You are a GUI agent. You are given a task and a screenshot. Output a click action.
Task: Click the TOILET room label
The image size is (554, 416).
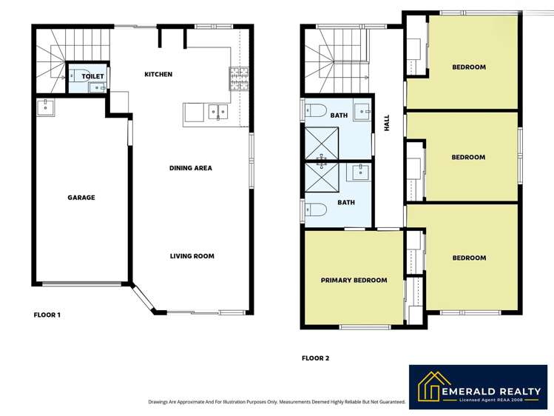coord(92,76)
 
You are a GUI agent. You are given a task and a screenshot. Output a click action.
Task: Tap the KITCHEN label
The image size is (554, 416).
coord(158,74)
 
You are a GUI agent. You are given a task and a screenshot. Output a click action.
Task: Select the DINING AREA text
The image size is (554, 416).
coord(191,168)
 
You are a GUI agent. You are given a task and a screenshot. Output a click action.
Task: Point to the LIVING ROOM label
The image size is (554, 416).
coord(192,256)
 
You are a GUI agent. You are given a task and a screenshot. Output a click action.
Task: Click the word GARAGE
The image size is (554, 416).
coord(81,198)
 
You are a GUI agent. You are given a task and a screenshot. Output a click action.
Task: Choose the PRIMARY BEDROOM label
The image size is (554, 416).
coord(354,280)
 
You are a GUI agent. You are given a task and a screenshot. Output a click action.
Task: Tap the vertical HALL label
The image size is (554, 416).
coord(386,123)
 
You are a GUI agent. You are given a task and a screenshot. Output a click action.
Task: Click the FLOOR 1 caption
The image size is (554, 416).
coord(47,315)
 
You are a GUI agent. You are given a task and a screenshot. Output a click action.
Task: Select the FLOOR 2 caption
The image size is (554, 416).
coord(315,358)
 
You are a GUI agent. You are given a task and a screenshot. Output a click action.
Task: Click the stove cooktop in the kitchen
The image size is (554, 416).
coord(239,74)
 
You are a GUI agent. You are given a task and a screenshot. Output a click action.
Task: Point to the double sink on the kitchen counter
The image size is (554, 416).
coord(217,113)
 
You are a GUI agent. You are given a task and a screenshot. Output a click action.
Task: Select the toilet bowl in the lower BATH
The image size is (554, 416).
coord(315,209)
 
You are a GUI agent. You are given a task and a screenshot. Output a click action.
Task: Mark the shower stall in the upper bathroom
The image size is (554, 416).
coord(322,143)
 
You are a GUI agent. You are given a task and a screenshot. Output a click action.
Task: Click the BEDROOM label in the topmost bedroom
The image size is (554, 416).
coord(469,67)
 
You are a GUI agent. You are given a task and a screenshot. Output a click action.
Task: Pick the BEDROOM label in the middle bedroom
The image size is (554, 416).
coord(468,157)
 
